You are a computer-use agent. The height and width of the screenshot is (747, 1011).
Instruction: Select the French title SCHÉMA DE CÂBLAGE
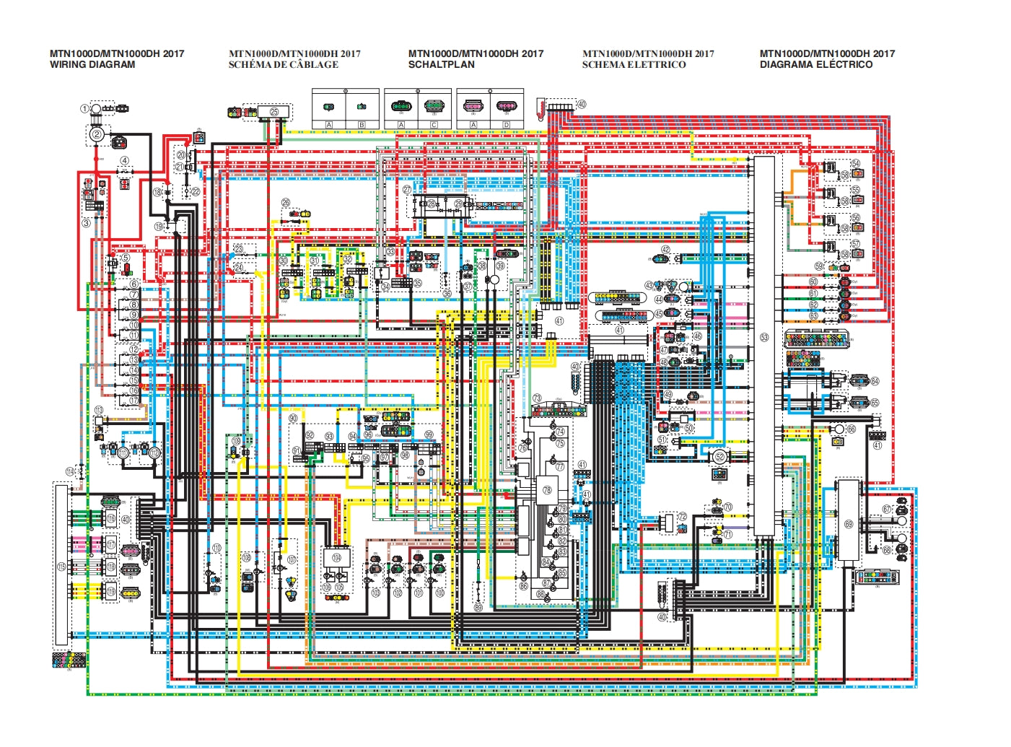[283, 64]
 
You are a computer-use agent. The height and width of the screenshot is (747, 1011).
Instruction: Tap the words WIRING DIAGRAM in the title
[92, 64]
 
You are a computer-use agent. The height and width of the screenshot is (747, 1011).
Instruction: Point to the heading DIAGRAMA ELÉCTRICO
[816, 64]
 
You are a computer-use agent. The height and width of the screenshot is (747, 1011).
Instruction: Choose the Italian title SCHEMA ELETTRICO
[634, 64]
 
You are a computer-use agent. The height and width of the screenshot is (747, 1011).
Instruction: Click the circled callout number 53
[764, 337]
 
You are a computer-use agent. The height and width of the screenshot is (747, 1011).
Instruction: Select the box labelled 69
[848, 524]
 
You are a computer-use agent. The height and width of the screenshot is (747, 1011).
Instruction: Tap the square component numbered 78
[547, 490]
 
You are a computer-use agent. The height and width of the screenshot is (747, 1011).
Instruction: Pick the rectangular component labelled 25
[274, 112]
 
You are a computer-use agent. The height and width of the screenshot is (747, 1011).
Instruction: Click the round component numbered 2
[97, 134]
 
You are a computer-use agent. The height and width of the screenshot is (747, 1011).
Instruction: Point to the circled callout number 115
[61, 567]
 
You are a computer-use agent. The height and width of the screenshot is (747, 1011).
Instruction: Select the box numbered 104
[336, 558]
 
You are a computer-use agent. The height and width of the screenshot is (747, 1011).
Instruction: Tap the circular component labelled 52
[719, 456]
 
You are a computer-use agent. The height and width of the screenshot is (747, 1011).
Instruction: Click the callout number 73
[537, 398]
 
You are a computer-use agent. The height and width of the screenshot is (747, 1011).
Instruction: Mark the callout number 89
[478, 608]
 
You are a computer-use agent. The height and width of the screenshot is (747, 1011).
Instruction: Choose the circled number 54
[855, 164]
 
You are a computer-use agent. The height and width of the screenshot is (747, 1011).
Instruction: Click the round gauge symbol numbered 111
[123, 453]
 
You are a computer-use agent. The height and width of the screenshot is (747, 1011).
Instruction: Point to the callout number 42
[666, 250]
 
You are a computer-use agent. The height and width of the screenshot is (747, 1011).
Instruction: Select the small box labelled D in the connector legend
[506, 125]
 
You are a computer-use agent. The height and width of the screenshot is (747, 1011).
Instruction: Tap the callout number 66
[852, 429]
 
